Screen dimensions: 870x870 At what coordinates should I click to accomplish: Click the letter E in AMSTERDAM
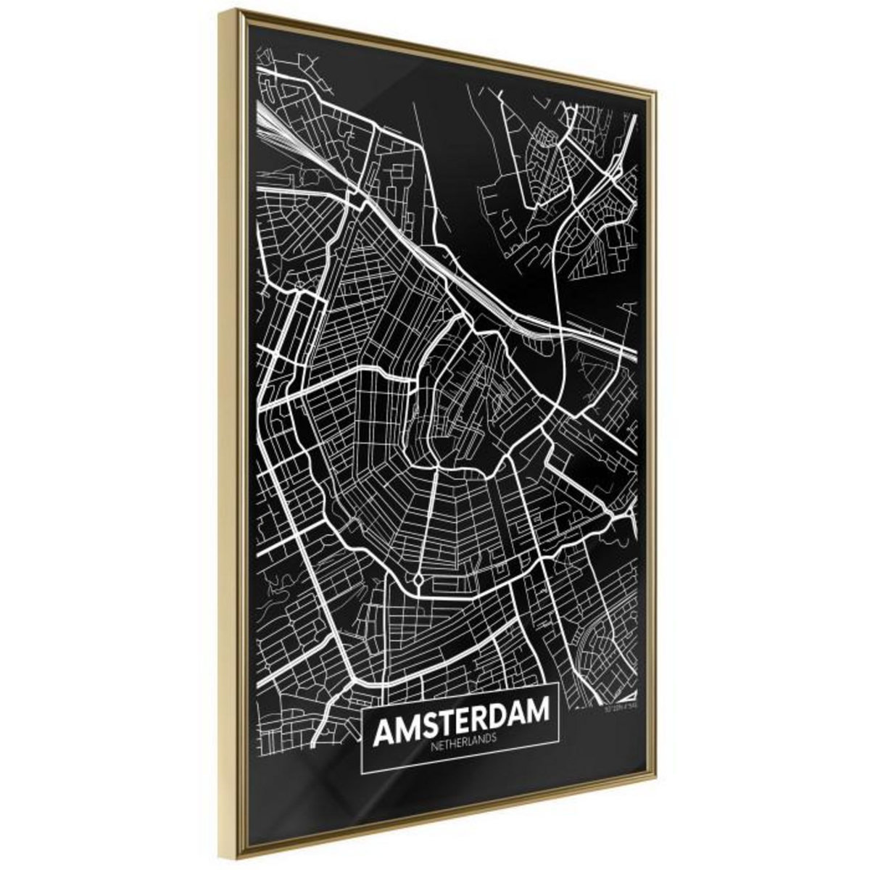pos(461,718)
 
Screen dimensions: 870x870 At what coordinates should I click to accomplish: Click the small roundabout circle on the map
pos(419,580)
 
